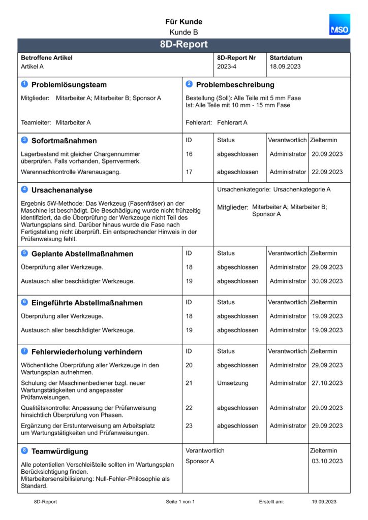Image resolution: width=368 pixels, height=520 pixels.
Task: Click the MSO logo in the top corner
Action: pos(339,25)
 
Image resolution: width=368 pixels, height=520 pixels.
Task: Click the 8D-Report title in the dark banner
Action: pos(183,45)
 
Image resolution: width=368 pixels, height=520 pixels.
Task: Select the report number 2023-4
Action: pos(227,67)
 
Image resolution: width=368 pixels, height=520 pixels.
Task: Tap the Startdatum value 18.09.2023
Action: pos(285,67)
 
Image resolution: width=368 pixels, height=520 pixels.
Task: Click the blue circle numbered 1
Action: pos(24,84)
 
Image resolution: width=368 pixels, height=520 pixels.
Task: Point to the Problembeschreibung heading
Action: pos(235,85)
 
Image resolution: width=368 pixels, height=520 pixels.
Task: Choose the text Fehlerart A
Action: pos(232,122)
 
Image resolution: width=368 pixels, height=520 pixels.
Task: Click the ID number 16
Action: pos(189,154)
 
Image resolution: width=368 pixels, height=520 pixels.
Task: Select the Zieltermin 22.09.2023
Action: pos(327,172)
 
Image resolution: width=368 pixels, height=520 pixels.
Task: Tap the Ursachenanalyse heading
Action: pos(62,190)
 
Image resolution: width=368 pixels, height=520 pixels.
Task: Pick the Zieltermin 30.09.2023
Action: pos(327,281)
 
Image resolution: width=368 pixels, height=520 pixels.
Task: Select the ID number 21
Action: pos(189,383)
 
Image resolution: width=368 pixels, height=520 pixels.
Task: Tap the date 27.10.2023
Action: pos(327,383)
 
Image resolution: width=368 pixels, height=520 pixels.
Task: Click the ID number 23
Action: pos(189,426)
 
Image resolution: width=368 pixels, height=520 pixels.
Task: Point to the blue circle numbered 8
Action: pos(24,451)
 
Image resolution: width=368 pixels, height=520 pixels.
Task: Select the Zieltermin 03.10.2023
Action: pos(327,461)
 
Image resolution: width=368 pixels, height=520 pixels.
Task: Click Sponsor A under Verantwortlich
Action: pos(200,461)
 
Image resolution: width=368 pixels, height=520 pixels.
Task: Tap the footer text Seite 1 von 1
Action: pos(180,502)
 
